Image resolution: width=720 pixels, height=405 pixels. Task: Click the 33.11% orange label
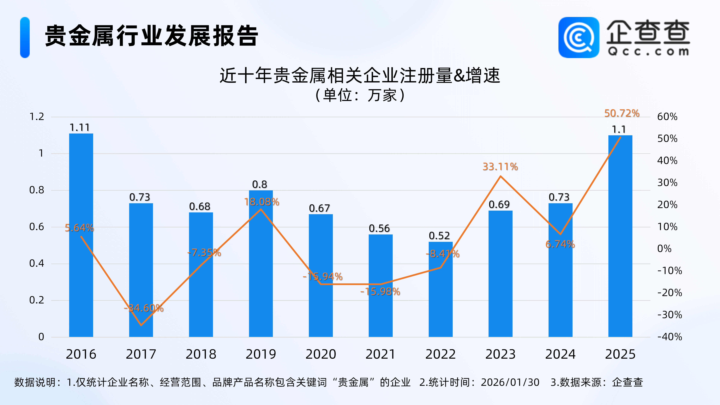[x=500, y=167]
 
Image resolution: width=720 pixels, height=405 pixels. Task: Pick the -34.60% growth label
[x=144, y=308]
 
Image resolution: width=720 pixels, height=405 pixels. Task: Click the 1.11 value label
[x=80, y=128]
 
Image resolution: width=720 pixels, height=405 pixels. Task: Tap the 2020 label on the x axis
[x=321, y=354]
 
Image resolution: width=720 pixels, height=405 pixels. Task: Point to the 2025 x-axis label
[x=620, y=354]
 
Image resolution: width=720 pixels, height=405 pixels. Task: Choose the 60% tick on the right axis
[x=667, y=117]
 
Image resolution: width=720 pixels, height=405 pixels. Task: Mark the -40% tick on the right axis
[x=670, y=337]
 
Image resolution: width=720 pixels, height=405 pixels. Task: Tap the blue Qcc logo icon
[x=579, y=37]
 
